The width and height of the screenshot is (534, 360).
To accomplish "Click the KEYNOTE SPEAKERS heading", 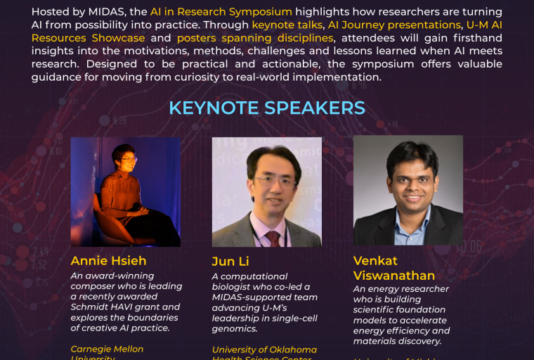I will [267, 108].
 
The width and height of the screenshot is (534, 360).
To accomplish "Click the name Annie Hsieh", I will [108, 261].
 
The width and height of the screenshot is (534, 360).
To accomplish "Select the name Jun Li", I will [233, 262].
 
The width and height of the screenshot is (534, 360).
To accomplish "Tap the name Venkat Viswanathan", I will [393, 268].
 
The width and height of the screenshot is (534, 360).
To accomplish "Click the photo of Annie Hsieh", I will [125, 191].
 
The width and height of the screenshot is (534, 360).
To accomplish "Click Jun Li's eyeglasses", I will [275, 181].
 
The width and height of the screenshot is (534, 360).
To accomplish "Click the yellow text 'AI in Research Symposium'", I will [221, 12].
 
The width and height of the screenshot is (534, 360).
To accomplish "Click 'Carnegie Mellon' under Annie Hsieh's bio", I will [107, 349].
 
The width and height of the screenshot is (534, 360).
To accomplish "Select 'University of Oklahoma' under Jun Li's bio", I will [264, 349].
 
